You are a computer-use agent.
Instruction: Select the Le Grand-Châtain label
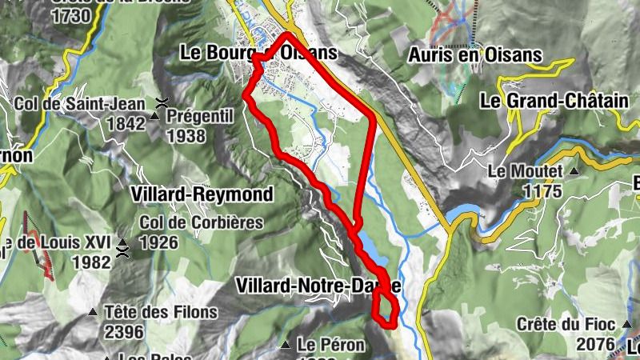pyautogui.click(x=542, y=101)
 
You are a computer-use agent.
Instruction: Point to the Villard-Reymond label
pyautogui.click(x=204, y=194)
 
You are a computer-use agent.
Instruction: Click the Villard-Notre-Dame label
pyautogui.click(x=318, y=286)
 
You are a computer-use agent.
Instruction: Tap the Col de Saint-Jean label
pyautogui.click(x=80, y=103)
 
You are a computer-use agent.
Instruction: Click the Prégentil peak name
pyautogui.click(x=199, y=117)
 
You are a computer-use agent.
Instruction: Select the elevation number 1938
pyautogui.click(x=186, y=135)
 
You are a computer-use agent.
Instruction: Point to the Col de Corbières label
pyautogui.click(x=201, y=222)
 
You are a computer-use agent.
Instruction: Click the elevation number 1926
pyautogui.click(x=160, y=242)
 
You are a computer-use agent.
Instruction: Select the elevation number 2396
pyautogui.click(x=123, y=331)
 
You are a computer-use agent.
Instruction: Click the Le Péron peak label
pyautogui.click(x=330, y=346)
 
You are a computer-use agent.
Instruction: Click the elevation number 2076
pyautogui.click(x=595, y=345)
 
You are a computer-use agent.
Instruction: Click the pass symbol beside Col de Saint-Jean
pyautogui.click(x=162, y=103)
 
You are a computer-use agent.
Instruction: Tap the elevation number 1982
pyautogui.click(x=91, y=262)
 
